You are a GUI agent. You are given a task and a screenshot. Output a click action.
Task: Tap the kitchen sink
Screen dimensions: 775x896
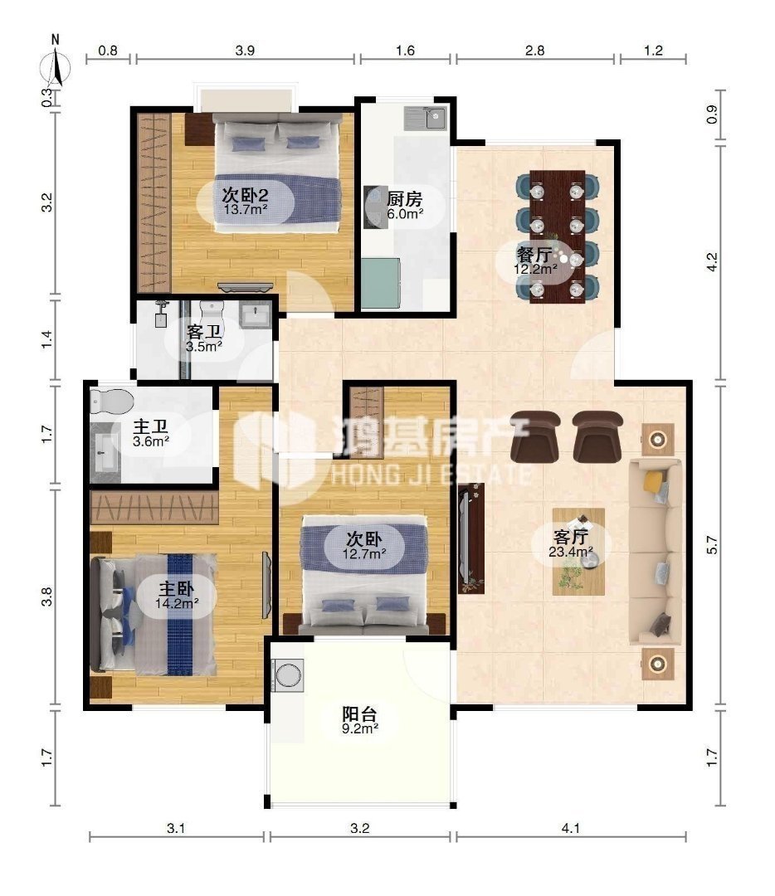point(425,119)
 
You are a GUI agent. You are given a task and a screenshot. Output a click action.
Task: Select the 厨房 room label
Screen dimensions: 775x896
point(404,199)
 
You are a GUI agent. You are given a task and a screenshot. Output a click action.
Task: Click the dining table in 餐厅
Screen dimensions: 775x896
point(558,236)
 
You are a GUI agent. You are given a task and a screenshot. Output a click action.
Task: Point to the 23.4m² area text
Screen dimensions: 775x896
point(570,552)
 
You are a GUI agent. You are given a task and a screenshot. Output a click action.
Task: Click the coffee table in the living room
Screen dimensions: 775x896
point(578,552)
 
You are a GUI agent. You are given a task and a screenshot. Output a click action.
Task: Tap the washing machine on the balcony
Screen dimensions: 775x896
point(287,674)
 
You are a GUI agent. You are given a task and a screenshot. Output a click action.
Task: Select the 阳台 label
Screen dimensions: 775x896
point(359,714)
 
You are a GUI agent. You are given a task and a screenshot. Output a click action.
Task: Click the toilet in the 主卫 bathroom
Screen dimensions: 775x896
point(111,402)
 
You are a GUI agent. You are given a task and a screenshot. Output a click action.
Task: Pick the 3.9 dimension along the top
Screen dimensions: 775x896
point(245,51)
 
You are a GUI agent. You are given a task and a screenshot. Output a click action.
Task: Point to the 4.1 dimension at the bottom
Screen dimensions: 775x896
point(570,827)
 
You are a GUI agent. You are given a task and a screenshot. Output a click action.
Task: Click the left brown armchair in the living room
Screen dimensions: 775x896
point(535,436)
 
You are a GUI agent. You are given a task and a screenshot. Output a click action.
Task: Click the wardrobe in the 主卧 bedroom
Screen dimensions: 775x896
point(154,507)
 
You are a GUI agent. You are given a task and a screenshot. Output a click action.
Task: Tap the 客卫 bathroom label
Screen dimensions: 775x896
point(204,331)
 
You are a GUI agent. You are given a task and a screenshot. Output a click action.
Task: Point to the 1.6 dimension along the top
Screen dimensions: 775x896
point(405,51)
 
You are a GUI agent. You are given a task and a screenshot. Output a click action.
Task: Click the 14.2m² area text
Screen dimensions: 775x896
point(178,602)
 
